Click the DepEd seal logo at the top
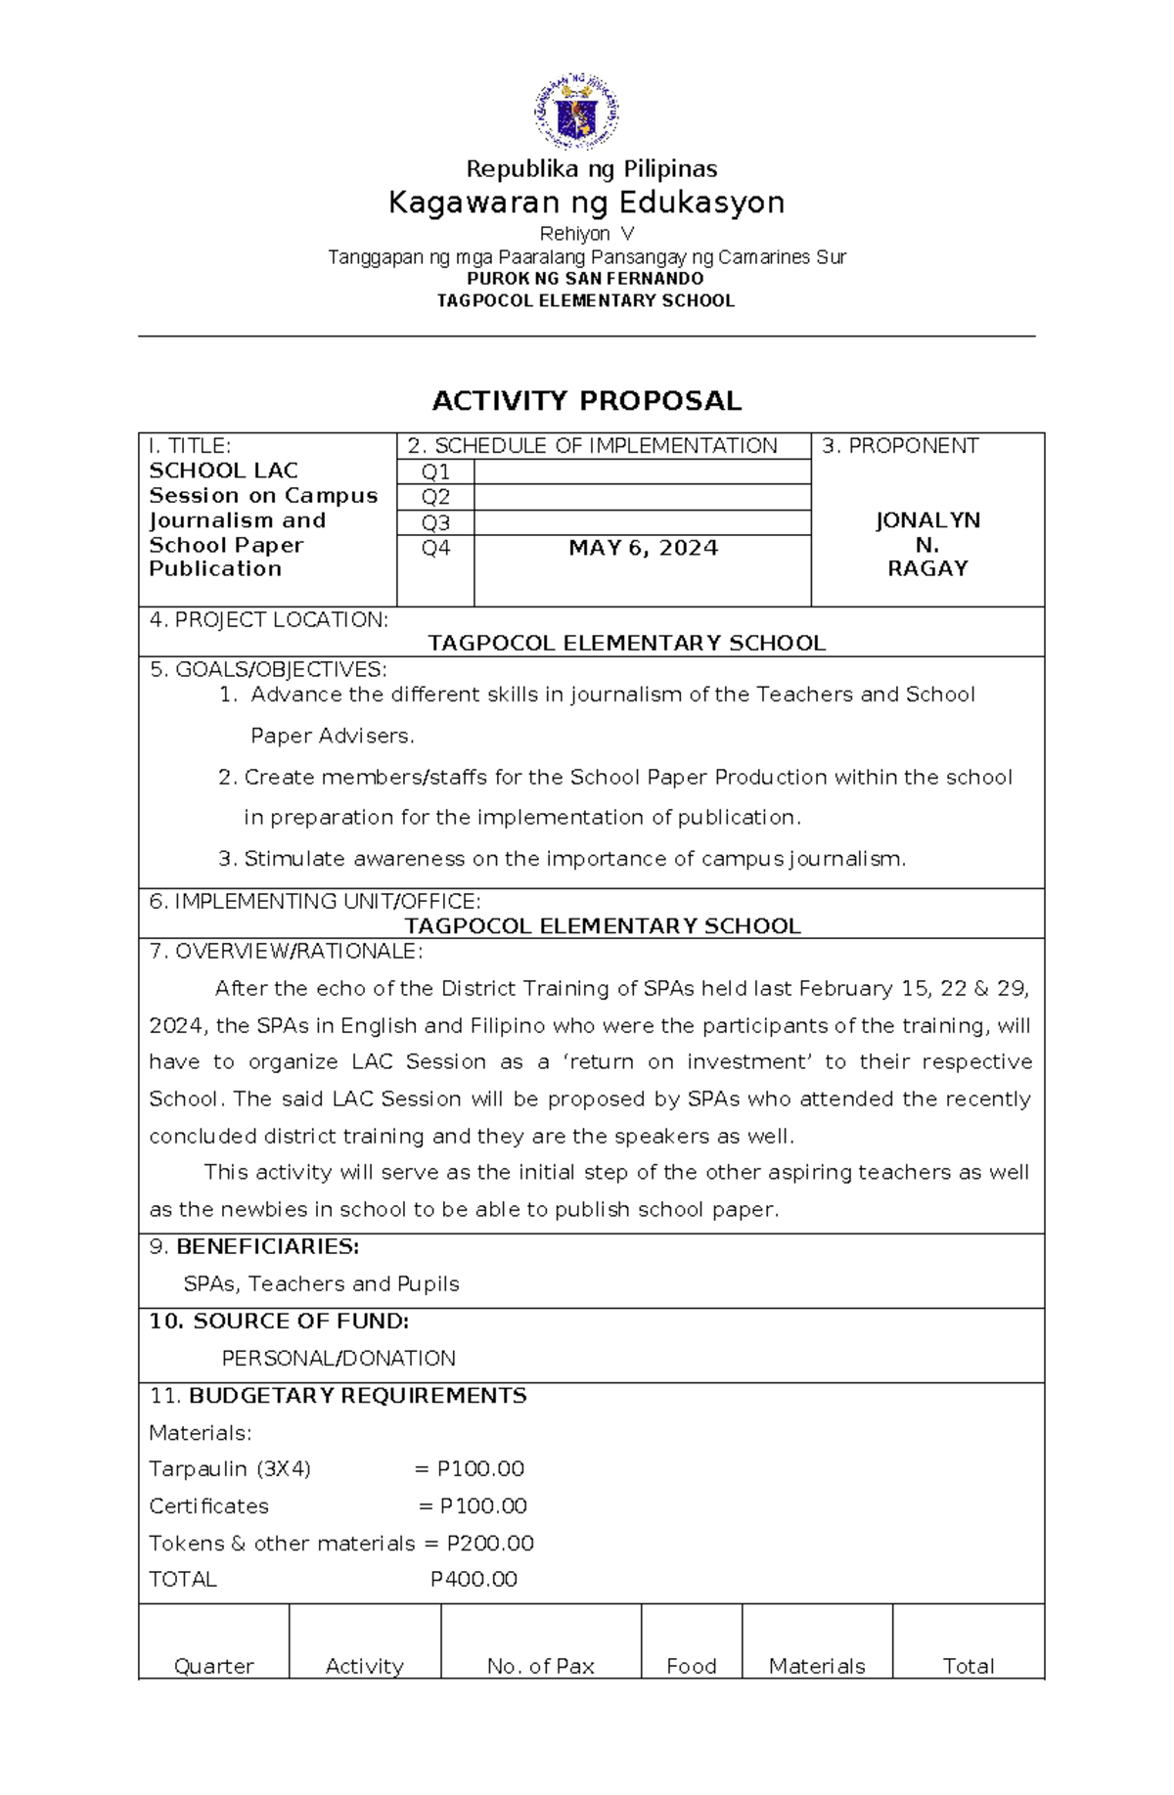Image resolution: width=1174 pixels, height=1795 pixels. [x=576, y=111]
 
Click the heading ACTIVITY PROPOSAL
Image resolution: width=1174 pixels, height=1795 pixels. [x=587, y=401]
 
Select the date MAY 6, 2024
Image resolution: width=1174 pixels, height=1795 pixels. [x=643, y=548]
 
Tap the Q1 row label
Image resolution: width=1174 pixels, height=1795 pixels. [x=435, y=471]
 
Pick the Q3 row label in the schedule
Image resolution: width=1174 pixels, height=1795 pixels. [x=435, y=522]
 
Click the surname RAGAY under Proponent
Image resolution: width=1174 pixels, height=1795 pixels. [x=927, y=568]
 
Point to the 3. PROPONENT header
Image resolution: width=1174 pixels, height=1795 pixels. [x=900, y=446]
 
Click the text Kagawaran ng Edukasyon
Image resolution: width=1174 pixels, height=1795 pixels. [x=587, y=202]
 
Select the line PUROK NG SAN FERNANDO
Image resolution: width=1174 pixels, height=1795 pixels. [x=585, y=279]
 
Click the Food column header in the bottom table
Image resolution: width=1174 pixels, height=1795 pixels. [x=691, y=1666]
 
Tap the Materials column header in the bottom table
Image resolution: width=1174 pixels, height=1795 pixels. [x=817, y=1666]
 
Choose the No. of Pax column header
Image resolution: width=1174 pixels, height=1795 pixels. [x=540, y=1666]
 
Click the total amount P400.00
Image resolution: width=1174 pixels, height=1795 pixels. [x=474, y=1579]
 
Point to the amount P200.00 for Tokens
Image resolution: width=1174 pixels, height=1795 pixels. [x=490, y=1543]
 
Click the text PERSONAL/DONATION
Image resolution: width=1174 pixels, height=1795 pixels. [x=339, y=1358]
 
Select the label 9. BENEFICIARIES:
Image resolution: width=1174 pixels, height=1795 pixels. [x=254, y=1246]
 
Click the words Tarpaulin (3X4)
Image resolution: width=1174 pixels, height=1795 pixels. [x=230, y=1468]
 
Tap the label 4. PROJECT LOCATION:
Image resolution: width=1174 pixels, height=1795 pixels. [x=268, y=619]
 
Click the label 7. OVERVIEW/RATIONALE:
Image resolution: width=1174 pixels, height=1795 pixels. [x=286, y=951]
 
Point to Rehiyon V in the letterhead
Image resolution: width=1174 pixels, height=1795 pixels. [x=587, y=234]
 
